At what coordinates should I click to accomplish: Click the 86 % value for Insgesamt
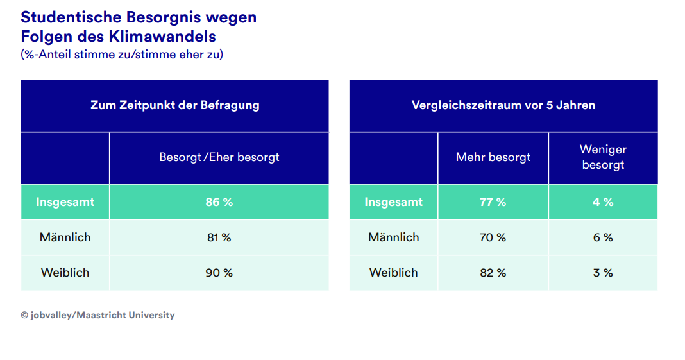219,202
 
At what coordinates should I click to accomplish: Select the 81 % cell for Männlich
219,237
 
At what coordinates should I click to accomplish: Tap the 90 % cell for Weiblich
219,273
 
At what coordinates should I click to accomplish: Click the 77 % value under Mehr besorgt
493,202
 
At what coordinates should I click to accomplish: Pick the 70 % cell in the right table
493,237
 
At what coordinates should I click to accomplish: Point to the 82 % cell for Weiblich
493,273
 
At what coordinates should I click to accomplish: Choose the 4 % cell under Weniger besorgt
603,202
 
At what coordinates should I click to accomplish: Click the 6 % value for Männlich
603,237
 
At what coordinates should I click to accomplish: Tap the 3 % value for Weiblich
603,273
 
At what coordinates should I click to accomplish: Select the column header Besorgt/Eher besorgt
219,157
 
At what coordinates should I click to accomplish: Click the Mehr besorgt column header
493,157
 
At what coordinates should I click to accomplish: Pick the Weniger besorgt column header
603,157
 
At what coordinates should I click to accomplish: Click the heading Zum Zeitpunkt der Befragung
174,105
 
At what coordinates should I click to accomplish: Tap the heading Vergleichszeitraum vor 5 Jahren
503,105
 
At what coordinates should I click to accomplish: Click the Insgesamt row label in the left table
65,202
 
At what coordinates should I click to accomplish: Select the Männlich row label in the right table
393,237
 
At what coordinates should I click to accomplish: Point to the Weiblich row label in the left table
65,273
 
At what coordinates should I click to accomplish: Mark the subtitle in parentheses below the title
122,55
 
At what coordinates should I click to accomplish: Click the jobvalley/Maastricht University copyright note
97,316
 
